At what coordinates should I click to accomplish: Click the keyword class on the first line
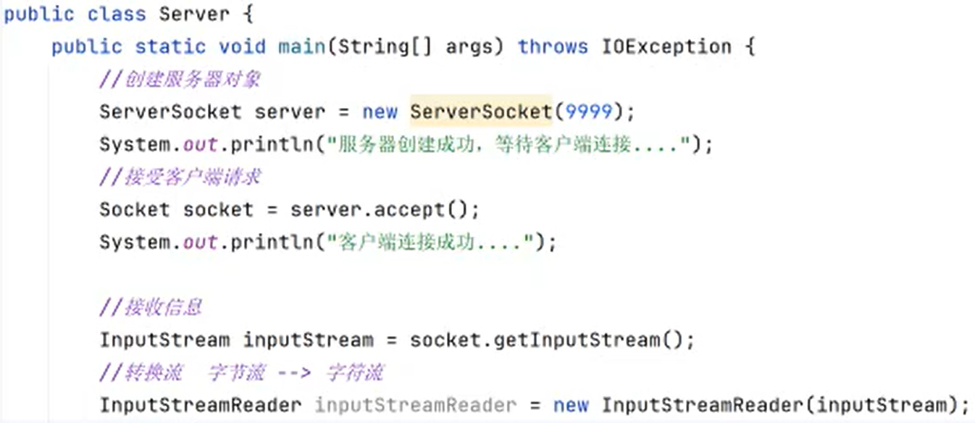pyautogui.click(x=117, y=14)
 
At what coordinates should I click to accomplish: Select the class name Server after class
pyautogui.click(x=195, y=14)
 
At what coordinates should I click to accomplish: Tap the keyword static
pyautogui.click(x=170, y=47)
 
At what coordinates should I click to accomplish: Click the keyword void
pyautogui.click(x=242, y=47)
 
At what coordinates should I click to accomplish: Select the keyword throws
pyautogui.click(x=553, y=47)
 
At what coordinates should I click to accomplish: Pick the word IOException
pyautogui.click(x=666, y=47)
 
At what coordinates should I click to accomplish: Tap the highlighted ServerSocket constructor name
pyautogui.click(x=480, y=112)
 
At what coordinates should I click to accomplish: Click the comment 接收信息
pyautogui.click(x=162, y=307)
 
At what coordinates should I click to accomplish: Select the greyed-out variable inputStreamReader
pyautogui.click(x=415, y=405)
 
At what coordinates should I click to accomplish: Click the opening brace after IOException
pyautogui.click(x=749, y=47)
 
